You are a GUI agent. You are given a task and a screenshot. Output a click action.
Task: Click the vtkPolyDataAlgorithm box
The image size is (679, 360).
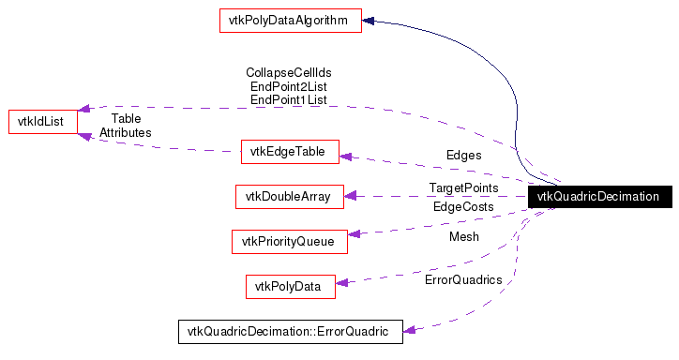(290, 21)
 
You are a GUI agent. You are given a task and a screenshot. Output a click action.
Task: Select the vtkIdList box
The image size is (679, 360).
(42, 121)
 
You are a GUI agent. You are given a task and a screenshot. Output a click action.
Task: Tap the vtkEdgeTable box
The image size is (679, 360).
(290, 151)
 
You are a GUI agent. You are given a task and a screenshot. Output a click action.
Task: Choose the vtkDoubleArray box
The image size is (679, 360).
(289, 196)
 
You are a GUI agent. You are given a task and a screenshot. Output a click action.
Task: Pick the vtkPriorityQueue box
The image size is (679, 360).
(289, 241)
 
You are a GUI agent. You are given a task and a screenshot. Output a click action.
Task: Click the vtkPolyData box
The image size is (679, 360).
(290, 286)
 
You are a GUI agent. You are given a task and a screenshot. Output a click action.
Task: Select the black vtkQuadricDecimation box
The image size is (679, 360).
(599, 197)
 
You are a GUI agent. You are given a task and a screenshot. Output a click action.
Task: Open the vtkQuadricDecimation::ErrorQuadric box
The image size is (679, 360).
(290, 331)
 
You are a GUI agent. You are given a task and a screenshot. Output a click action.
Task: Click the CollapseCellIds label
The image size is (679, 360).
(289, 72)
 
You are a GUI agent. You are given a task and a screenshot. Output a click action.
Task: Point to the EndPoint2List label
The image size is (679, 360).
(289, 85)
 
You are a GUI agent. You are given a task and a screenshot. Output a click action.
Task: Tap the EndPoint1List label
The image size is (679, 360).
(289, 98)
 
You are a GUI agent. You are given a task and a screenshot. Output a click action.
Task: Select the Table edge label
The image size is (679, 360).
(126, 119)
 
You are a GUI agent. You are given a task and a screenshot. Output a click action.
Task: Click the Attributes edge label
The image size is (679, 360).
(126, 132)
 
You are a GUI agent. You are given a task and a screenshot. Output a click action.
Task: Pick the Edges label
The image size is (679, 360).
(464, 155)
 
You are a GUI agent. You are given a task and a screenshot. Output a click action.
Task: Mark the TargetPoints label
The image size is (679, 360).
(464, 188)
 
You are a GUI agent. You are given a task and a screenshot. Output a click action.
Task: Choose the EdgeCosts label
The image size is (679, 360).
(463, 206)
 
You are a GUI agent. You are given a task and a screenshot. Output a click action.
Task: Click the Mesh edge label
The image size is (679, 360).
(464, 236)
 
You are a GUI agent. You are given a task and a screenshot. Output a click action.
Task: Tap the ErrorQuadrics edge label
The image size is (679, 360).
(463, 279)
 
